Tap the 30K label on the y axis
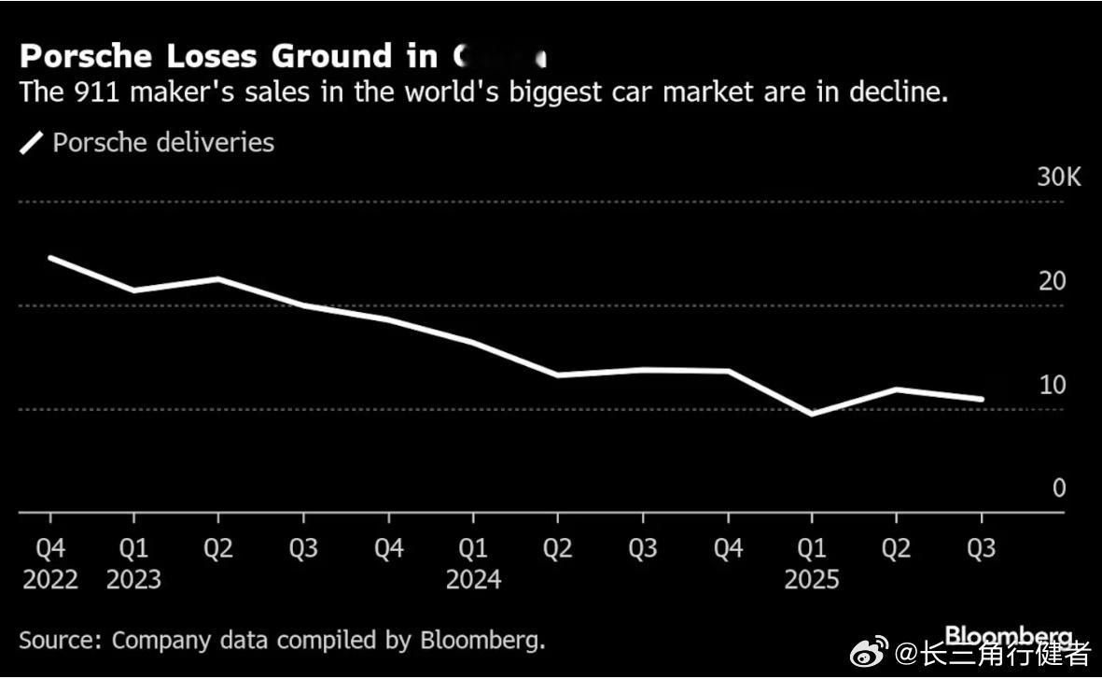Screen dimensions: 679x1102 1058,177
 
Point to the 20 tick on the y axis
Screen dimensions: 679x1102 1053,281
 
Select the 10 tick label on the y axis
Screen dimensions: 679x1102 1053,385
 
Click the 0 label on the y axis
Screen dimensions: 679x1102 1058,488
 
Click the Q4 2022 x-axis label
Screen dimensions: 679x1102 49,563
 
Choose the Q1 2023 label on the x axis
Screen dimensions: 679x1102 133,563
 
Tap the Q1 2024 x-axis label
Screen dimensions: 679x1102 473,563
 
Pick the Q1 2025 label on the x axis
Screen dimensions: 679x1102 811,563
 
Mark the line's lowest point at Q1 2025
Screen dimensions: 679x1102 812,414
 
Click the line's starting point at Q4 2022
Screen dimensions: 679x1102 49,257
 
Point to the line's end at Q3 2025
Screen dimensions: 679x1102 981,399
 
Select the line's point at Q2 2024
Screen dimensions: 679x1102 557,375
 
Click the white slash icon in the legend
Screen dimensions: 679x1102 32,143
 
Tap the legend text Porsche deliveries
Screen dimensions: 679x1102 163,143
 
